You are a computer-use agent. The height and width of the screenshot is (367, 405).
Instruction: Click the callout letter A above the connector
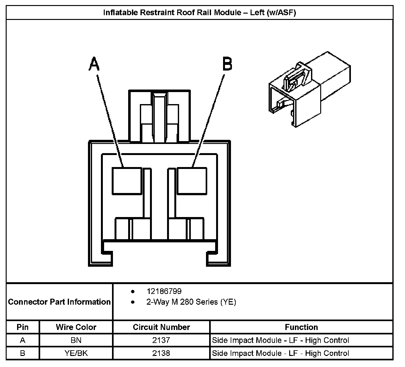[94, 64]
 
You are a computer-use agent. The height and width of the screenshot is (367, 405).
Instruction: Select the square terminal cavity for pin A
[127, 181]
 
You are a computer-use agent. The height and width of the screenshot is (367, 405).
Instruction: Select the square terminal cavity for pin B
[192, 181]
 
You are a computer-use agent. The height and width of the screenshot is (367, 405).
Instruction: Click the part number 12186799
[164, 291]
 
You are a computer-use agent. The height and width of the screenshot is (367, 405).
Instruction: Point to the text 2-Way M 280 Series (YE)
[191, 302]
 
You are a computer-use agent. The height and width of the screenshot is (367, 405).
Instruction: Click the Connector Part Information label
[59, 302]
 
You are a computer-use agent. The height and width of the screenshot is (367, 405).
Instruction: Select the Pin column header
[22, 327]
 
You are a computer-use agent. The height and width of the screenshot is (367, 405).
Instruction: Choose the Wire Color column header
[76, 327]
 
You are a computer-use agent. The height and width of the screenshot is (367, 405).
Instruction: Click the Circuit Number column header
[161, 327]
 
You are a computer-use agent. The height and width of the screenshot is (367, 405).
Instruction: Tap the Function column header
[301, 327]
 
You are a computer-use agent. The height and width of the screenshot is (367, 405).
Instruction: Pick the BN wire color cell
[76, 340]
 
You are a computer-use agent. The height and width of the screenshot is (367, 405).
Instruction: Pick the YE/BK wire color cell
[76, 353]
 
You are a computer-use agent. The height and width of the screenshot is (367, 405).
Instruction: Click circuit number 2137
[161, 340]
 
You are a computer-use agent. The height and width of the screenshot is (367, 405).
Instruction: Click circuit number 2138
[161, 353]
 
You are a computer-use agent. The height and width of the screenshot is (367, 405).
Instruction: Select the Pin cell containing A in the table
[22, 340]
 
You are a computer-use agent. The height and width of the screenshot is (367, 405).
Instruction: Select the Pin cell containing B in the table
[22, 353]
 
